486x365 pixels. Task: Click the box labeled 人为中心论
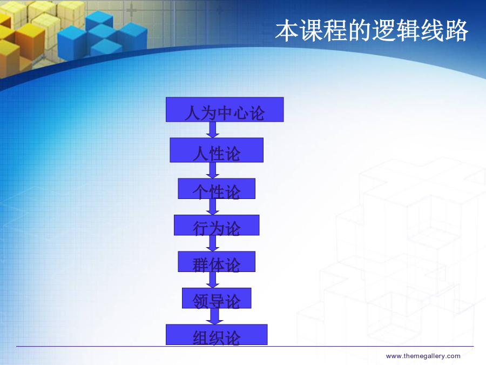click(225, 110)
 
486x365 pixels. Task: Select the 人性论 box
click(217, 150)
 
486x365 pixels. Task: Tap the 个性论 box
click(217, 189)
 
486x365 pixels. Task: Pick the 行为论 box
click(217, 225)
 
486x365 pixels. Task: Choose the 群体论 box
click(217, 262)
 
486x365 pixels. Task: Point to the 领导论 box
click(217, 298)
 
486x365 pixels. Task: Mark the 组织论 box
click(217, 335)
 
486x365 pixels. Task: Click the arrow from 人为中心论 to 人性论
click(213, 130)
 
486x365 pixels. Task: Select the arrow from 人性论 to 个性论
click(213, 170)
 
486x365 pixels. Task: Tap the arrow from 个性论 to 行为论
click(213, 207)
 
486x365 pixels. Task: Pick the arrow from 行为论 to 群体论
click(213, 243)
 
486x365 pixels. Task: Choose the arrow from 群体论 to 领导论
click(213, 280)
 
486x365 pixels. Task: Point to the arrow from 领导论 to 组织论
click(214, 316)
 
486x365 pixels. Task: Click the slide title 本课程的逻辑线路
click(372, 30)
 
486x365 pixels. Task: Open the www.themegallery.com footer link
click(423, 356)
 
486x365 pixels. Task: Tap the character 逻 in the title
click(384, 30)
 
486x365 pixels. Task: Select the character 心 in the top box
click(241, 112)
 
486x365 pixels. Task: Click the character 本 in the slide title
click(287, 30)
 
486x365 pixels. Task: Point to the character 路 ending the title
click(456, 30)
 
